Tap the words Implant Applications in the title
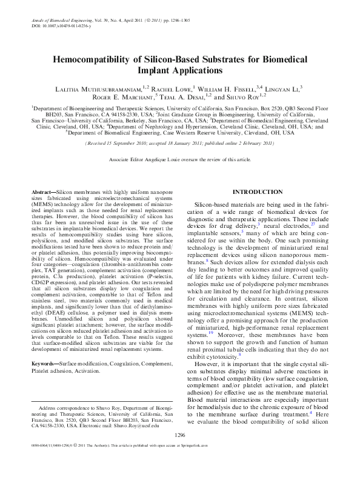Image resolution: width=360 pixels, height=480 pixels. (179, 70)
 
